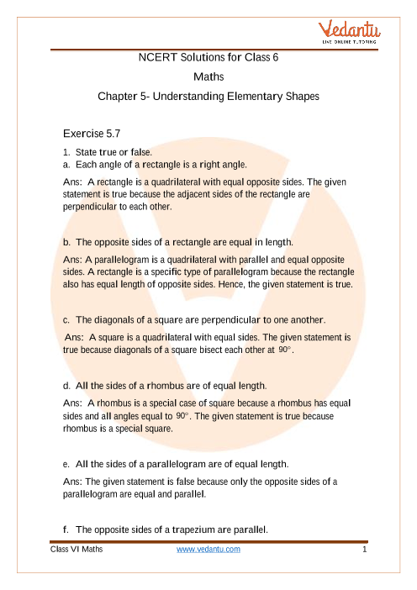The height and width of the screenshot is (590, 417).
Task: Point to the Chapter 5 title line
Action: (x=208, y=97)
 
